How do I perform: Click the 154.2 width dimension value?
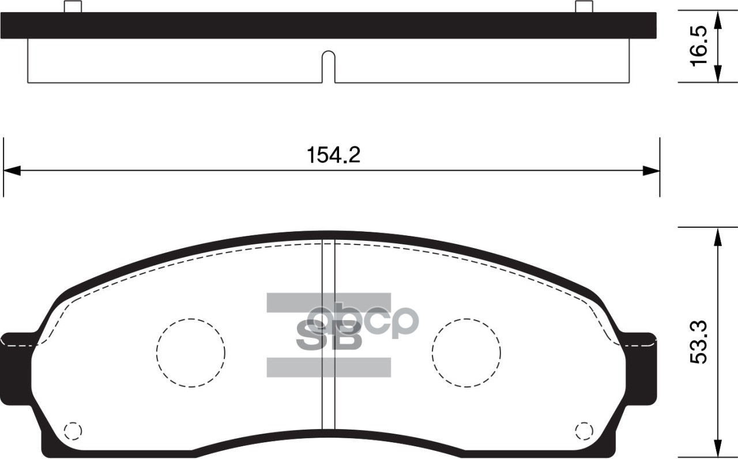pyautogui.click(x=333, y=155)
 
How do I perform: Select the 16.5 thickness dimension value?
pyautogui.click(x=698, y=47)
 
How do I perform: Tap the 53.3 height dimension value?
pyautogui.click(x=698, y=343)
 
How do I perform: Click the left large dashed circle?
pyautogui.click(x=190, y=352)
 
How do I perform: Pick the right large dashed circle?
pyautogui.click(x=466, y=352)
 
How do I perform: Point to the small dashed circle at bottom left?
pyautogui.click(x=73, y=430)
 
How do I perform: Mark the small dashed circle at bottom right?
pyautogui.click(x=583, y=430)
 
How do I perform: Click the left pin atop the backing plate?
pyautogui.click(x=73, y=6)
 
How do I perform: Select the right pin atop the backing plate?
pyautogui.click(x=584, y=6)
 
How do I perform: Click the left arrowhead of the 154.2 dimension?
pyautogui.click(x=12, y=171)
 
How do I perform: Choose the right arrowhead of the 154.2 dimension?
pyautogui.click(x=652, y=171)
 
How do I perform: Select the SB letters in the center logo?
pyautogui.click(x=329, y=338)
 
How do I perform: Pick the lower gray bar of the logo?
pyautogui.click(x=329, y=367)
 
